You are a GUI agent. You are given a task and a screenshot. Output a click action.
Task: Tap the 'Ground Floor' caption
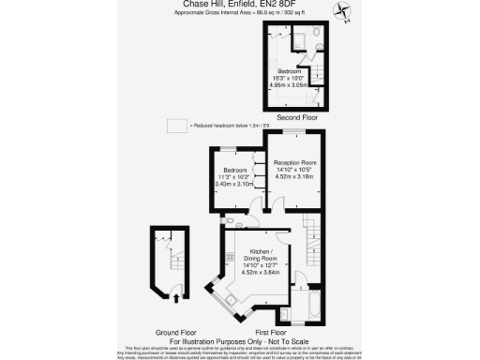(x=174, y=332)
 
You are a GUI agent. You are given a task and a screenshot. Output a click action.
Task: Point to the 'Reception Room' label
(x=292, y=161)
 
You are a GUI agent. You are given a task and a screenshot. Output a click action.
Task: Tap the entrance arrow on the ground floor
(x=176, y=298)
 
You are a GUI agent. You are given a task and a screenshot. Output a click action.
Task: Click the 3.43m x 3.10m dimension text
(x=234, y=184)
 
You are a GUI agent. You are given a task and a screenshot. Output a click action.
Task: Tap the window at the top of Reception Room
(x=293, y=132)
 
